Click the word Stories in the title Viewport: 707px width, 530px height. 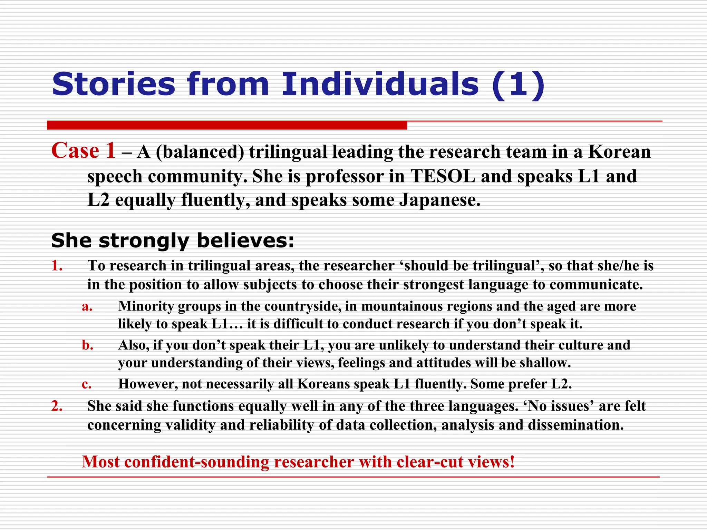(114, 85)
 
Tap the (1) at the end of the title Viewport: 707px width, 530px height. (519, 85)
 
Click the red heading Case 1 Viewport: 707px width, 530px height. (83, 151)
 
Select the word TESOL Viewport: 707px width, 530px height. (443, 176)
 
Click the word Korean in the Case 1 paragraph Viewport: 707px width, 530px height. (619, 152)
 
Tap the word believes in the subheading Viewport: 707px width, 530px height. (245, 241)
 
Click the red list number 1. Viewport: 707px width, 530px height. (57, 266)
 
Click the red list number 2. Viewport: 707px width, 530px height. (57, 406)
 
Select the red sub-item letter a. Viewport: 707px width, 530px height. (87, 306)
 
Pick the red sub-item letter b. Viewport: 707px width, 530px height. (87, 345)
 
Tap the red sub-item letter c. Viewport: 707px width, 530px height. (87, 384)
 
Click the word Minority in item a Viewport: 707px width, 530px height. (145, 306)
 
